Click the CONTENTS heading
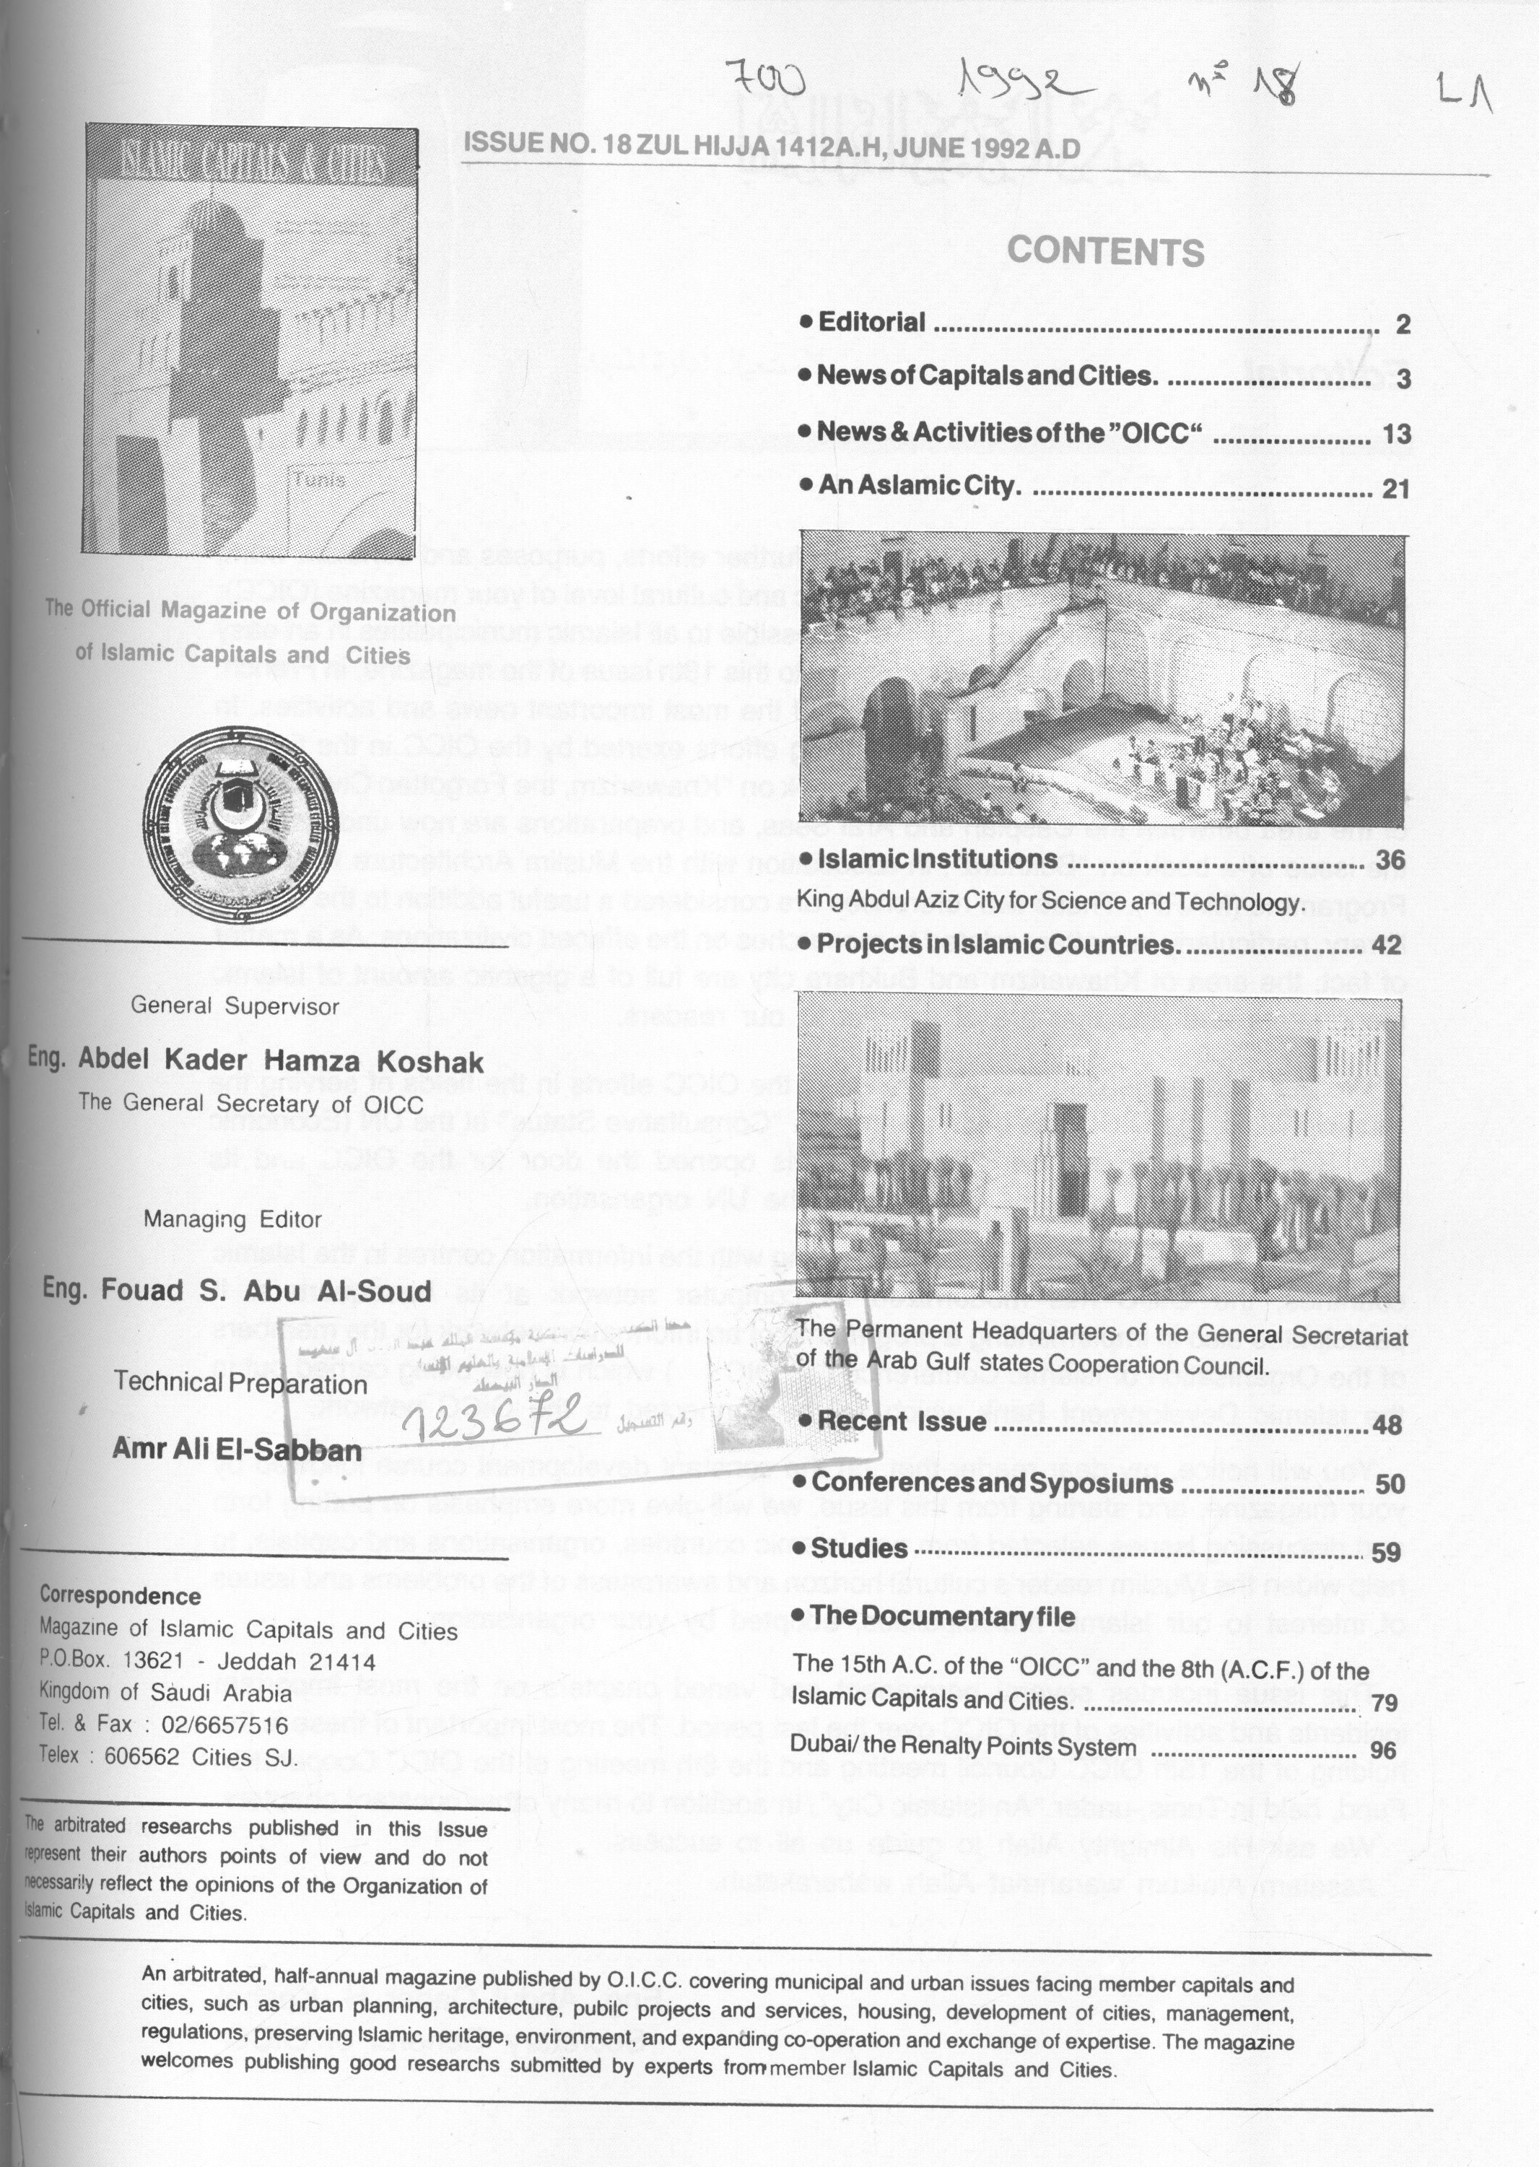pos(1105,252)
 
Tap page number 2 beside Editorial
pos(1403,325)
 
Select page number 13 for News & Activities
pos(1397,434)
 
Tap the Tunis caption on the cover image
pos(319,479)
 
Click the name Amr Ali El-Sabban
pos(237,1449)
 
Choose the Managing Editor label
pos(232,1219)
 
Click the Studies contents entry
pos(858,1549)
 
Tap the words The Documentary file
pos(942,1616)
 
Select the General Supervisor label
pos(234,1006)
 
